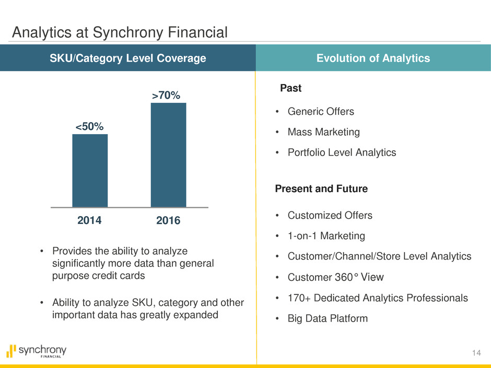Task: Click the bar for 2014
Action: pos(90,171)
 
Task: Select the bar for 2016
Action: pos(168,155)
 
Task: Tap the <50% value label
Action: pos(90,126)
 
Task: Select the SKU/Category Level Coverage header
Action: pos(127,58)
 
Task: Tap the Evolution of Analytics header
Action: pos(372,58)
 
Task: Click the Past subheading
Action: pos(291,89)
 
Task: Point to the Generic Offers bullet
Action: pos(321,112)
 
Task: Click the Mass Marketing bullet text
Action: pos(324,132)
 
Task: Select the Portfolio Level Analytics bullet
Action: pos(342,152)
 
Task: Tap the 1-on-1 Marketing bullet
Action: pos(326,236)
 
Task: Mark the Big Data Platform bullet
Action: pos(328,318)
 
